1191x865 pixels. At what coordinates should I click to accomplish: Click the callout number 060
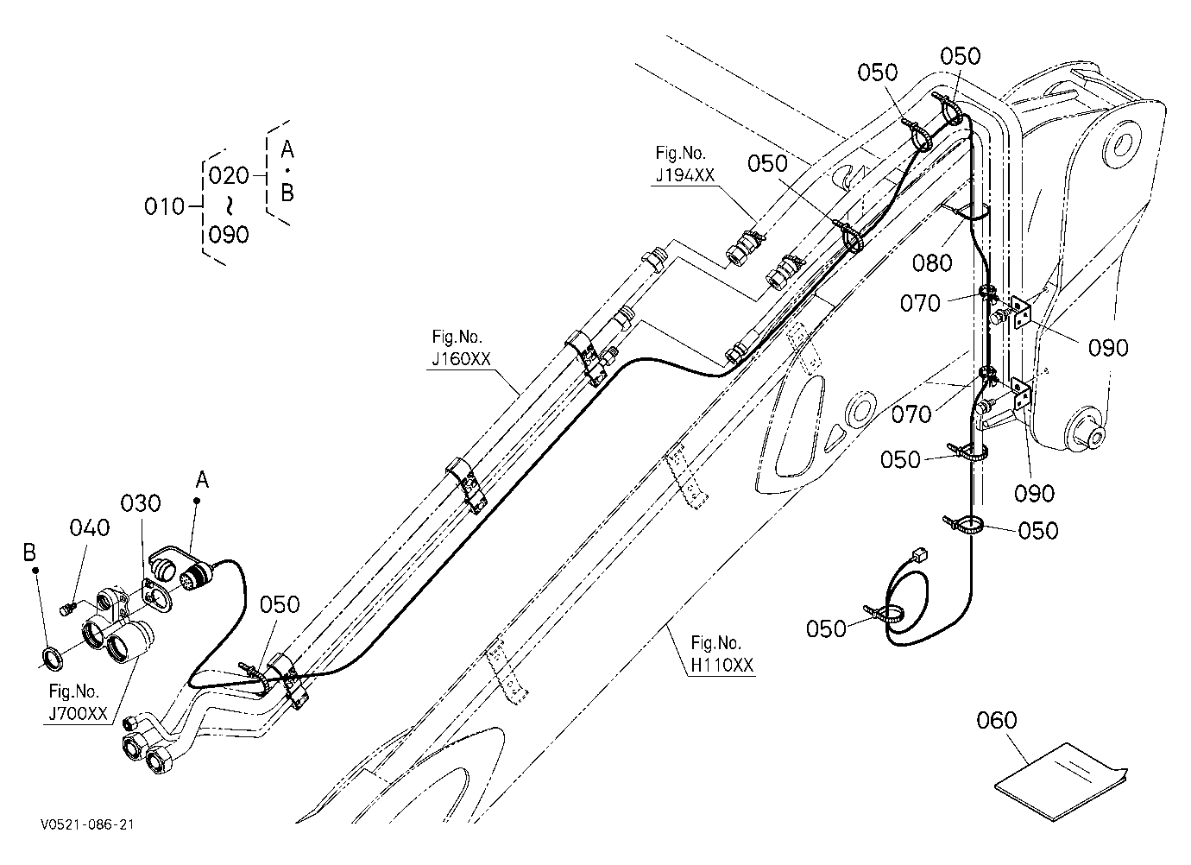pyautogui.click(x=997, y=720)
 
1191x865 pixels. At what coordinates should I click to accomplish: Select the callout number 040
pyautogui.click(x=90, y=527)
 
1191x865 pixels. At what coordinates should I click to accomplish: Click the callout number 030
pyautogui.click(x=141, y=503)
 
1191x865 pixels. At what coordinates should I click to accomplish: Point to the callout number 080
pyautogui.click(x=932, y=262)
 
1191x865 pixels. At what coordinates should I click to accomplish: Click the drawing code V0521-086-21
pyautogui.click(x=87, y=824)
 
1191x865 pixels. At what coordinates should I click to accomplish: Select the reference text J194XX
pyautogui.click(x=685, y=175)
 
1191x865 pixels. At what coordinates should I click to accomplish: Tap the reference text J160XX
pyautogui.click(x=461, y=359)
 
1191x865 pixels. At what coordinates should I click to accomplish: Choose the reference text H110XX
pyautogui.click(x=722, y=665)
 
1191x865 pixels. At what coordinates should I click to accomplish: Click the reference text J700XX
pyautogui.click(x=79, y=713)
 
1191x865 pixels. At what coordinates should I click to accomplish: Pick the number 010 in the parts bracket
pyautogui.click(x=164, y=206)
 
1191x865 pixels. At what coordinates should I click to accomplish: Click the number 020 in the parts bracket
pyautogui.click(x=229, y=175)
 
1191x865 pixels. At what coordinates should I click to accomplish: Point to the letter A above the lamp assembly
pyautogui.click(x=202, y=480)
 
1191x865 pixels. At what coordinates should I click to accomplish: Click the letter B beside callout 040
pyautogui.click(x=29, y=552)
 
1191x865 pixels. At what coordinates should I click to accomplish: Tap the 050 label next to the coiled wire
pyautogui.click(x=826, y=628)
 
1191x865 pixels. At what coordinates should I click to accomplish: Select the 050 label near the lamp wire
pyautogui.click(x=280, y=604)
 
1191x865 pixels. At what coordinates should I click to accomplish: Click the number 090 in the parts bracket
pyautogui.click(x=229, y=235)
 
